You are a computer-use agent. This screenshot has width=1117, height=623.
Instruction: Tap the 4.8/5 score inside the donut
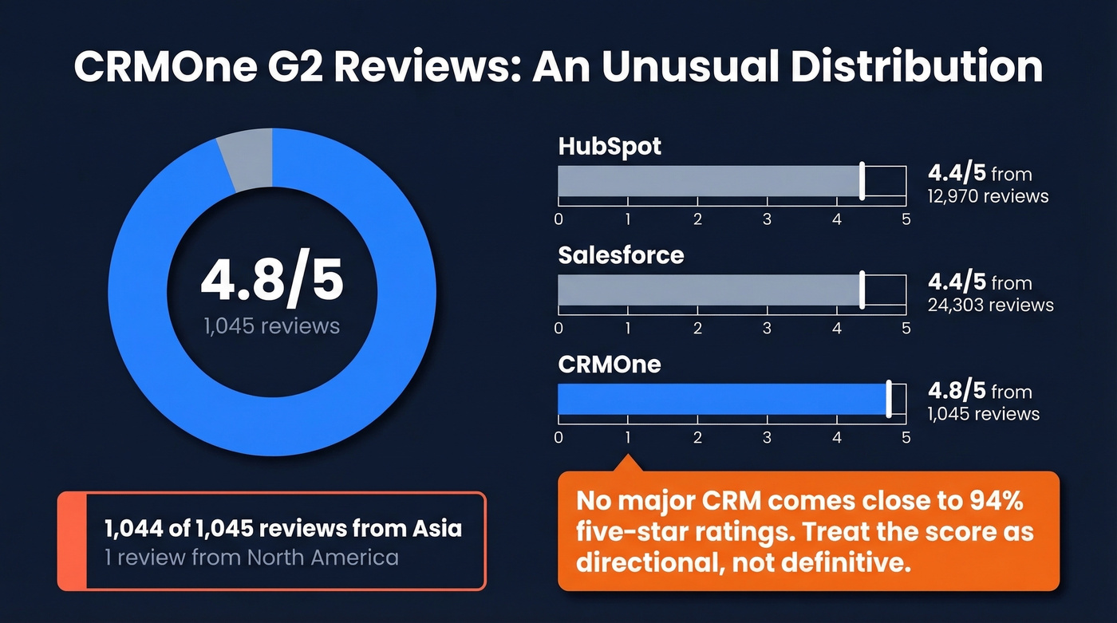pyautogui.click(x=271, y=280)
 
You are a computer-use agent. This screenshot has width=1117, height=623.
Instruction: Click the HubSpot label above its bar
pyautogui.click(x=610, y=147)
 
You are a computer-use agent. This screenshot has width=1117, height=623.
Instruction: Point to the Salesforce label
pyautogui.click(x=621, y=255)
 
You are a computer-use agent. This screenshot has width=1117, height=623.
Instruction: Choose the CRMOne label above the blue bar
pyautogui.click(x=610, y=364)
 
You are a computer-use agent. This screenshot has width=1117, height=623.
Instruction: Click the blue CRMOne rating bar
pyautogui.click(x=722, y=399)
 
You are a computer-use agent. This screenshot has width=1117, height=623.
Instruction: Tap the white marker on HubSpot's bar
pyautogui.click(x=862, y=181)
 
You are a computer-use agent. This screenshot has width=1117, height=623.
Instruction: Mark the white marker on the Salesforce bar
pyautogui.click(x=862, y=290)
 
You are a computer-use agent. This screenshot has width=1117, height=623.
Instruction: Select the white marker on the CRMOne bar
pyautogui.click(x=889, y=399)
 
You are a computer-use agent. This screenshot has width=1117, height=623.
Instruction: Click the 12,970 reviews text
pyautogui.click(x=988, y=196)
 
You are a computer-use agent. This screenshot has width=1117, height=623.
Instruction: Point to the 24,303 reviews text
pyautogui.click(x=990, y=305)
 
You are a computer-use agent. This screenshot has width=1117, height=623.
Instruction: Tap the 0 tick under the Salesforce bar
pyautogui.click(x=558, y=328)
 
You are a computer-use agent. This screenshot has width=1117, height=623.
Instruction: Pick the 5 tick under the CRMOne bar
pyautogui.click(x=906, y=437)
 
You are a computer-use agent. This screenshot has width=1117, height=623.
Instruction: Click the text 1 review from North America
pyautogui.click(x=251, y=557)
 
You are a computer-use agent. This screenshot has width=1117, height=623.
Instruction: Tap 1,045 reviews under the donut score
pyautogui.click(x=271, y=325)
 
